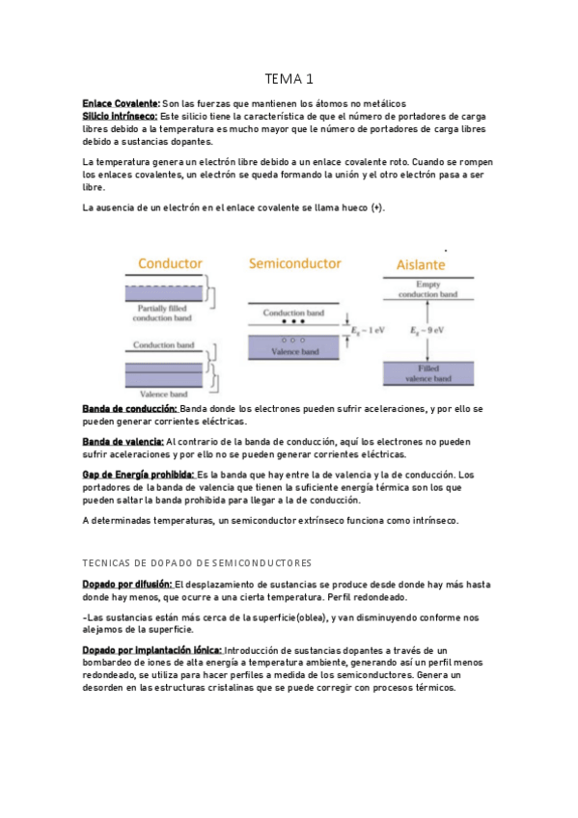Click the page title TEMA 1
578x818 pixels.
click(289, 78)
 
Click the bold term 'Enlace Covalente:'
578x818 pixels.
click(121, 103)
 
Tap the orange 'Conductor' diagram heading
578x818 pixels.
click(170, 262)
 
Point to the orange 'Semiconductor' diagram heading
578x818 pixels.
click(294, 262)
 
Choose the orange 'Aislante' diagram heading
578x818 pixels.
click(422, 263)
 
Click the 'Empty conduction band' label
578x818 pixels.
click(427, 288)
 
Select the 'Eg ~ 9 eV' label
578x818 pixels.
click(427, 330)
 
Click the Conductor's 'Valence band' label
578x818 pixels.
click(162, 394)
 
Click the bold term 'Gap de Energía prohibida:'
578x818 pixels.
click(138, 475)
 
